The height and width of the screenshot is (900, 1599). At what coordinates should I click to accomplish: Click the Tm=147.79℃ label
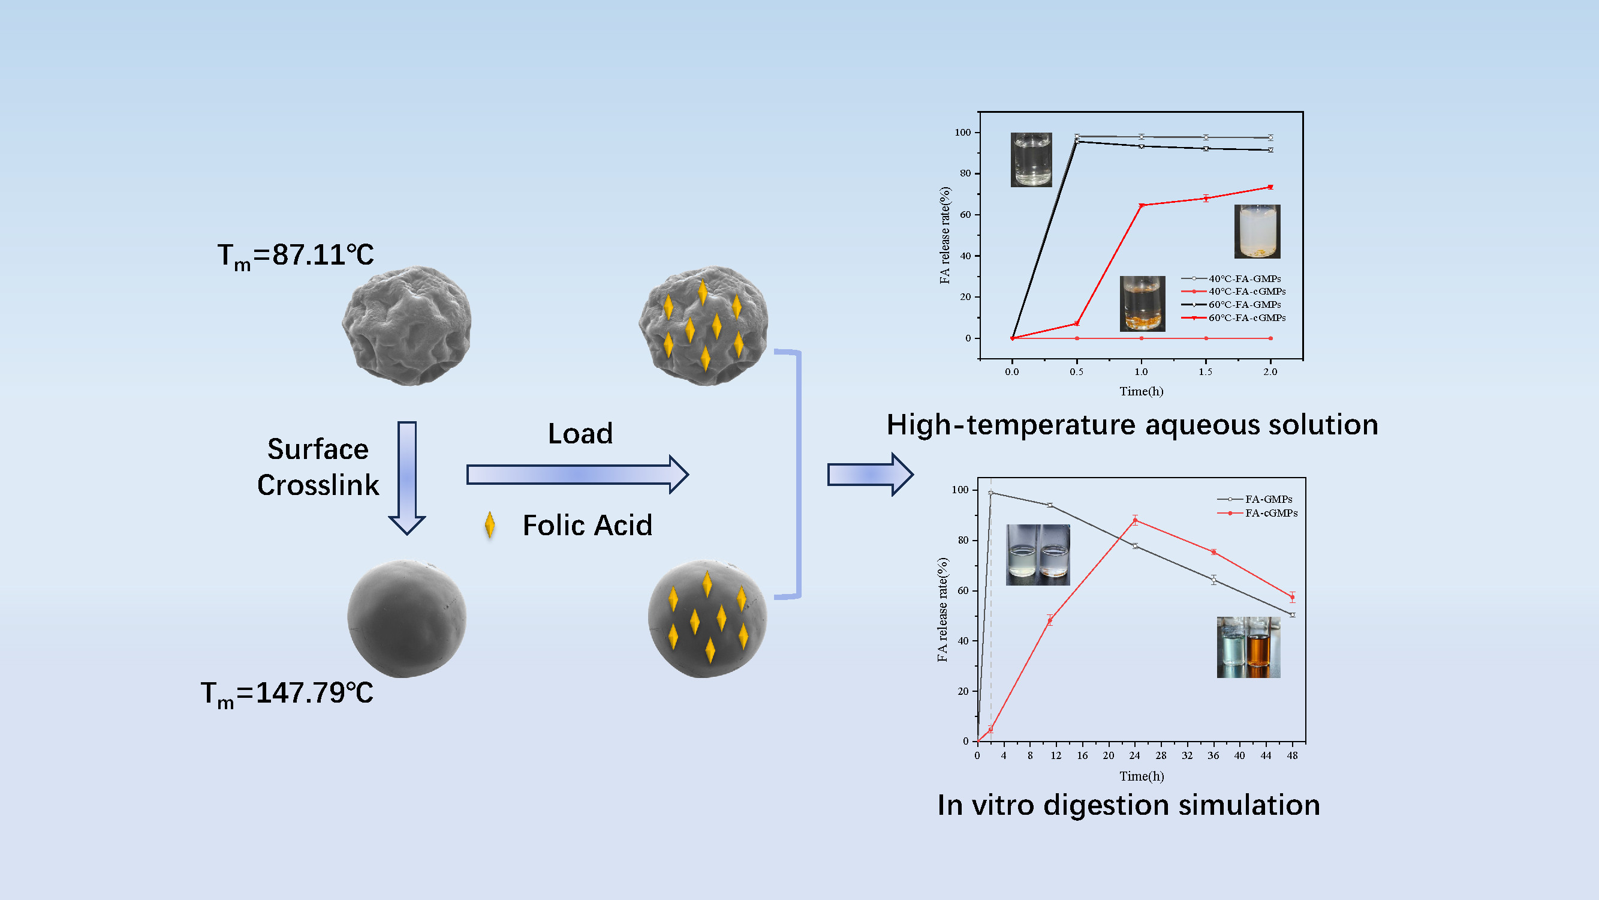287,694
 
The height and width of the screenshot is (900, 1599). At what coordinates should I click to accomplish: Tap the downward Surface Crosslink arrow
407,477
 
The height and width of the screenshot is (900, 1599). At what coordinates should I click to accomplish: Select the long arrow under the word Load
577,475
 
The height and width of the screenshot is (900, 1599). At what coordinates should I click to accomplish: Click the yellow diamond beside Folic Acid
490,525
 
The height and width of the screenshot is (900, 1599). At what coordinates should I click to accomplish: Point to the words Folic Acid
587,526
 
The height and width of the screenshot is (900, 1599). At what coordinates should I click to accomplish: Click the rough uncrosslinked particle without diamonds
406,325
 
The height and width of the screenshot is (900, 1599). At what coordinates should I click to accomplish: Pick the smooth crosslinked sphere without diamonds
406,619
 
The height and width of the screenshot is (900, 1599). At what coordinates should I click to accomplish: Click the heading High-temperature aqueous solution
1132,425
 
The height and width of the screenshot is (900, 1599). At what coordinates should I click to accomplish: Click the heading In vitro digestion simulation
1128,805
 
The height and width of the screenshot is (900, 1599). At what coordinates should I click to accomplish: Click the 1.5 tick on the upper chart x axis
1206,372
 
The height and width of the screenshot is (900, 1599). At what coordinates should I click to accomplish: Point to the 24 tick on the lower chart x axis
1135,756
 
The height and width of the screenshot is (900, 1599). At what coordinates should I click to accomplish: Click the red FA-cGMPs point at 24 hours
1136,520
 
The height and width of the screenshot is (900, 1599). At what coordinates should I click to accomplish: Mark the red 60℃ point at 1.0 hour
1142,206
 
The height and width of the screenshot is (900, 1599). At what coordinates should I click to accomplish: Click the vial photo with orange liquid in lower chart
1260,647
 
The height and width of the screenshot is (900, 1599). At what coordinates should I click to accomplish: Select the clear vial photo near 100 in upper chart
1031,160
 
